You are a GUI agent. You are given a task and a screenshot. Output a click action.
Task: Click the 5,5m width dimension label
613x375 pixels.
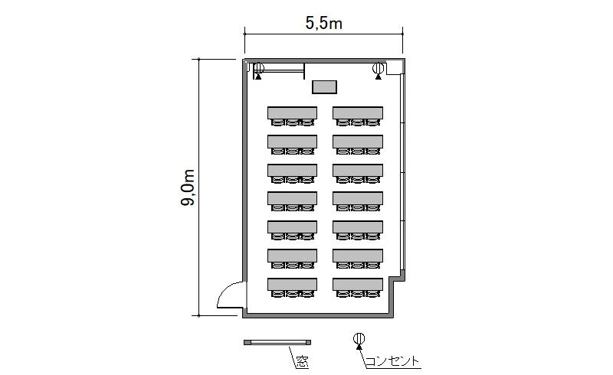pyautogui.click(x=323, y=23)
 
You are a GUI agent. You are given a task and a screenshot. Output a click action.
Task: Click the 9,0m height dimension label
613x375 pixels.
pyautogui.click(x=188, y=187)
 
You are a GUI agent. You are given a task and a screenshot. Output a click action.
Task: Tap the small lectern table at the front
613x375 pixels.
pyautogui.click(x=324, y=87)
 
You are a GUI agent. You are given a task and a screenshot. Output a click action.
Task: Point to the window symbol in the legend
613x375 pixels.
pyautogui.click(x=277, y=343)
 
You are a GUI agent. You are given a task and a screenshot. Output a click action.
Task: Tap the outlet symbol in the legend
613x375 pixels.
pyautogui.click(x=359, y=340)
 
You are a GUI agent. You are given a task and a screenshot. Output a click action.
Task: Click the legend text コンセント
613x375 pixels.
pyautogui.click(x=392, y=361)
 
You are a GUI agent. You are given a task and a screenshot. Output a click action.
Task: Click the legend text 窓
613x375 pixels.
pyautogui.click(x=302, y=362)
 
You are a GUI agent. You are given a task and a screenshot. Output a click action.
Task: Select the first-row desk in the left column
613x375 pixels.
pyautogui.click(x=293, y=113)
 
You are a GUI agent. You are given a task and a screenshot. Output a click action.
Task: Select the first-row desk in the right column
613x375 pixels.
pyautogui.click(x=358, y=113)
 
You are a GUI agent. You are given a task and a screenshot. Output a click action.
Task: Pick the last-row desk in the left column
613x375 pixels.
pyautogui.click(x=293, y=284)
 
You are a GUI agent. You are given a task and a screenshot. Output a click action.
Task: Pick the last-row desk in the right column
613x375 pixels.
pyautogui.click(x=358, y=284)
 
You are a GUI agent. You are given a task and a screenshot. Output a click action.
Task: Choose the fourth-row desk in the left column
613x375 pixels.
pyautogui.click(x=293, y=198)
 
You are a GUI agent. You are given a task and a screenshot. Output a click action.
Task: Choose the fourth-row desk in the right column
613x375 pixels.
pyautogui.click(x=358, y=198)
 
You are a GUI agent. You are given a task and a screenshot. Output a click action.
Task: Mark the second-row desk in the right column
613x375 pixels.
pyautogui.click(x=358, y=142)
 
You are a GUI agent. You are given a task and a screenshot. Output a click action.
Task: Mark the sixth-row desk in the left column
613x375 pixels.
pyautogui.click(x=293, y=256)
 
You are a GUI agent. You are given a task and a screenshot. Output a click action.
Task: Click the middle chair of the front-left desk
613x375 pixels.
pyautogui.click(x=293, y=122)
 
